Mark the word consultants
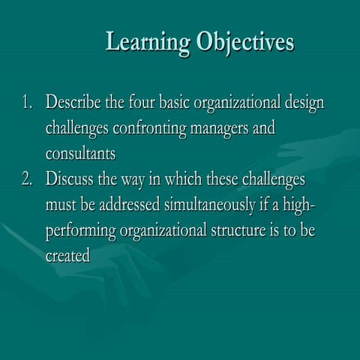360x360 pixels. (80, 154)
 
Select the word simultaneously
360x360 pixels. (217, 206)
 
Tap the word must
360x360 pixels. (62, 206)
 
